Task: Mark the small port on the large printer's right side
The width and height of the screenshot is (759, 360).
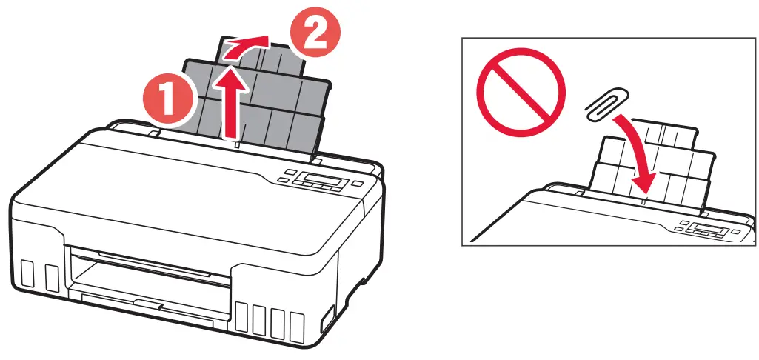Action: click(327, 321)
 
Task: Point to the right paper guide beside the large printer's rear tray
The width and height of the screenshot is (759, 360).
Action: click(316, 159)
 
